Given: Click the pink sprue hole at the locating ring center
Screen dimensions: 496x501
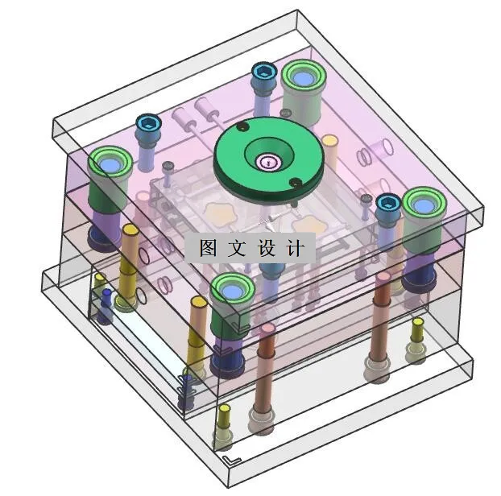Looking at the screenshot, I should coord(268,163).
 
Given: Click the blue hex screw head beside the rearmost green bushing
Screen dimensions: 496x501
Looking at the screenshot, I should coord(263,72).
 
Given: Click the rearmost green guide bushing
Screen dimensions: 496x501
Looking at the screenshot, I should coord(303,78).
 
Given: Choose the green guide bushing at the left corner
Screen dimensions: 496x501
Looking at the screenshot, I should coord(109,165).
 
